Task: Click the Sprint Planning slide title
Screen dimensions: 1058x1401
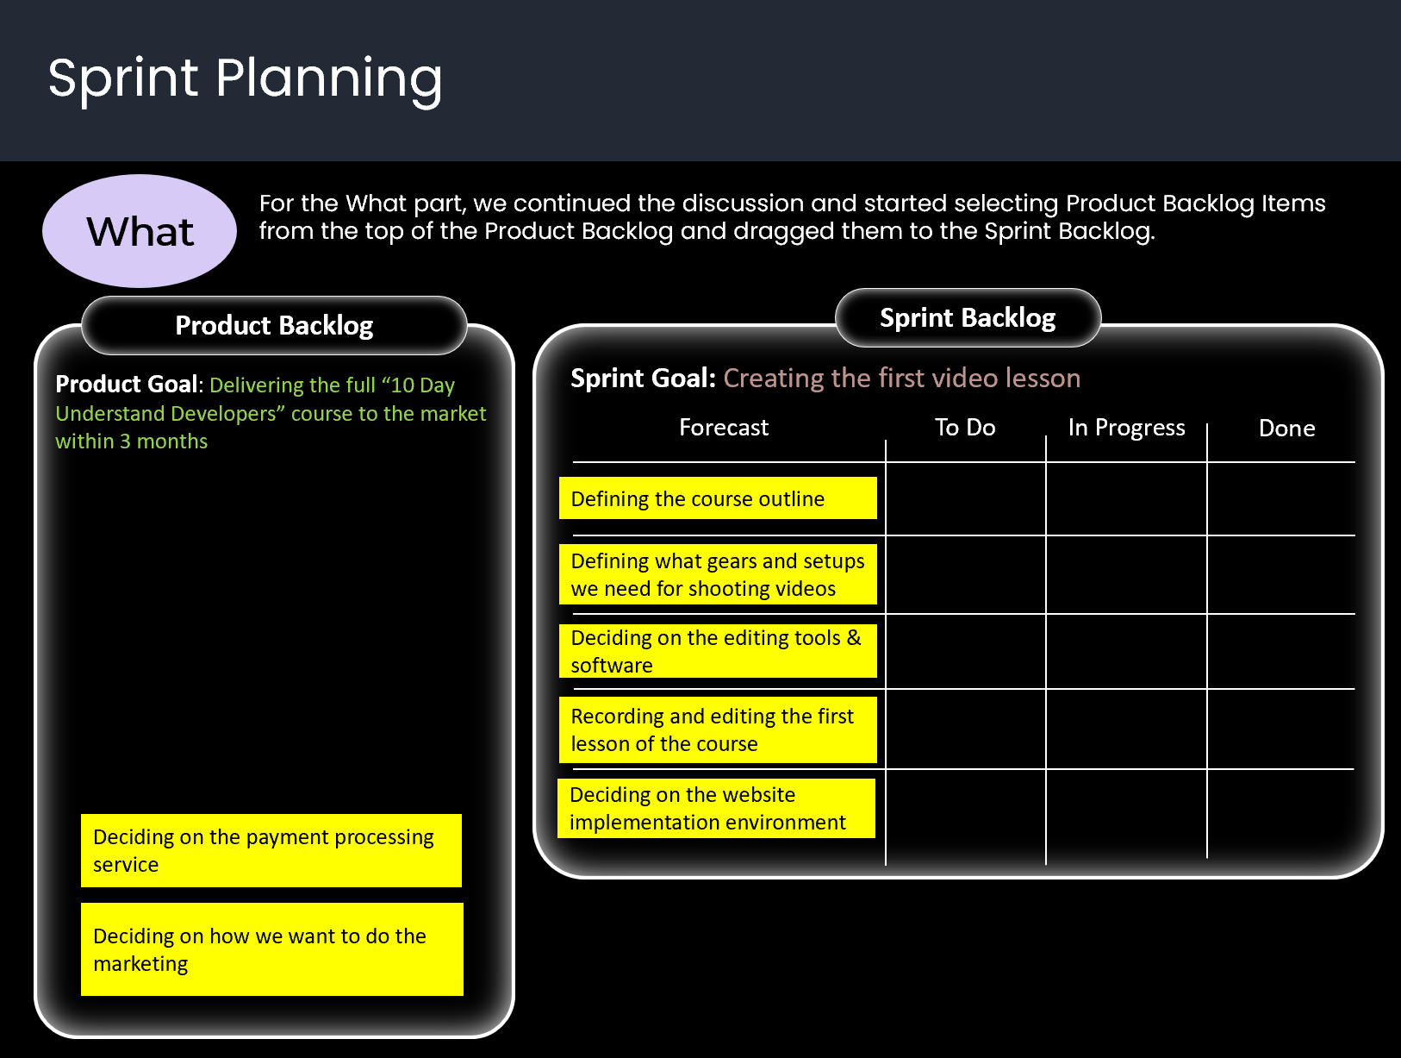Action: [245, 79]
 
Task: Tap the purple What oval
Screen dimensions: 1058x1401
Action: [140, 231]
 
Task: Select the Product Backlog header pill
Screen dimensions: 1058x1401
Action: [274, 326]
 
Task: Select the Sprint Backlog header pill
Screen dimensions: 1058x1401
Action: [968, 318]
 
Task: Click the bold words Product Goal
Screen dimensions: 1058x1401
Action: [127, 385]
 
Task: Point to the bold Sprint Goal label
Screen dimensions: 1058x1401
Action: [643, 379]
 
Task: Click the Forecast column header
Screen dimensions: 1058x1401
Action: [724, 428]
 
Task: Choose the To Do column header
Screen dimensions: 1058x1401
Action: [965, 428]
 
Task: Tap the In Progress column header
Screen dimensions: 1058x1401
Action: [1126, 428]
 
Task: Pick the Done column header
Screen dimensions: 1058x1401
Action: [1286, 429]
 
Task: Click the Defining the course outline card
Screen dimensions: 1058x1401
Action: [718, 498]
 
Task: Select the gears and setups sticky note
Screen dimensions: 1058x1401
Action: [718, 574]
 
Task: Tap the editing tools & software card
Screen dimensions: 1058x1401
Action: [718, 651]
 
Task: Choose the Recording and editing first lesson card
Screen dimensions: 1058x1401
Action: [718, 729]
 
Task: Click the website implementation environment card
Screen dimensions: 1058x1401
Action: [717, 808]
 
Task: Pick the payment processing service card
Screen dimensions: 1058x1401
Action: [271, 850]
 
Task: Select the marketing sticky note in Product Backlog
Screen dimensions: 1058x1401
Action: [271, 949]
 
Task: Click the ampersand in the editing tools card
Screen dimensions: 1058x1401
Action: [854, 638]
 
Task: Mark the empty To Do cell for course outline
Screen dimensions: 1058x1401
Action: [966, 499]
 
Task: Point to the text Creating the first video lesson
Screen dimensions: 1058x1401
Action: [901, 379]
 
